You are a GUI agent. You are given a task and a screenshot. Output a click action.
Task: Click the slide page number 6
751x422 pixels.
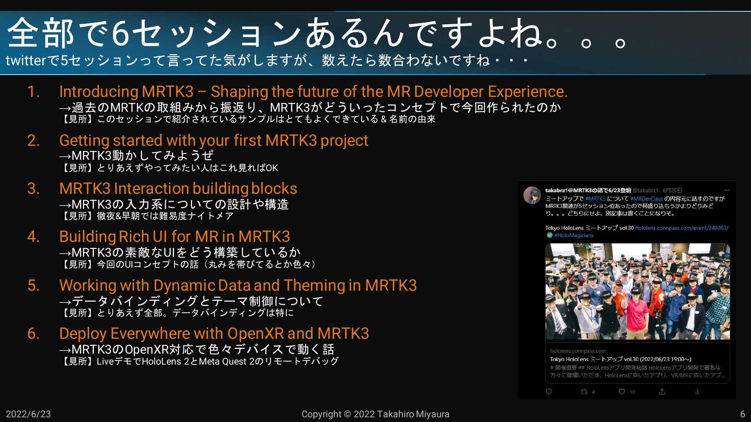point(742,414)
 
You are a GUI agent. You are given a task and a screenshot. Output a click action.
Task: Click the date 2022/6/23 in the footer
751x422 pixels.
point(28,414)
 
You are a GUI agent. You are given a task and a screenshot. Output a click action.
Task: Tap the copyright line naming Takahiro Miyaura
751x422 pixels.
point(375,414)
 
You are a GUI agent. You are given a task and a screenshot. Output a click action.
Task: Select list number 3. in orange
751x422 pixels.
point(34,189)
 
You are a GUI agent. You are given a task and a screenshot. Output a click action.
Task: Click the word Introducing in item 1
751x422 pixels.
point(98,92)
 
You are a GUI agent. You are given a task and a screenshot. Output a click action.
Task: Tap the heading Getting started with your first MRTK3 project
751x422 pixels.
point(214,141)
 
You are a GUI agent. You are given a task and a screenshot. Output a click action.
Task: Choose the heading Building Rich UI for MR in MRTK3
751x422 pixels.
point(174,237)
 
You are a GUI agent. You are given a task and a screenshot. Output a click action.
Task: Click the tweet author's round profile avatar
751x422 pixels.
point(532,195)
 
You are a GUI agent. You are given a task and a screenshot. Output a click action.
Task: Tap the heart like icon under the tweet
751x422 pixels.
point(622,392)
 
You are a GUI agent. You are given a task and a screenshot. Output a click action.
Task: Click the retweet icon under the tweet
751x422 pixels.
point(584,392)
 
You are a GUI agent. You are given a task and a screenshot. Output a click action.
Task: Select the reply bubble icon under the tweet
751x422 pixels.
point(549,392)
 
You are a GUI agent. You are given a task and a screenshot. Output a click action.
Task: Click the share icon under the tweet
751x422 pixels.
point(662,392)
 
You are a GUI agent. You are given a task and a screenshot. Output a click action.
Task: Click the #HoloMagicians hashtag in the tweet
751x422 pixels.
point(574,235)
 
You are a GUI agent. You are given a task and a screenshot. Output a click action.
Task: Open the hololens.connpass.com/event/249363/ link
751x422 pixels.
point(682,228)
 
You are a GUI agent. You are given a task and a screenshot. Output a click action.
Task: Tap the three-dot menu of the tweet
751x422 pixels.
point(727,190)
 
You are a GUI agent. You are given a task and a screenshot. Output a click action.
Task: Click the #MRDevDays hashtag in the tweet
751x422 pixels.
point(647,199)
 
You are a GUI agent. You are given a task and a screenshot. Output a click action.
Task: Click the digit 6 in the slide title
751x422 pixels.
point(120,34)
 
